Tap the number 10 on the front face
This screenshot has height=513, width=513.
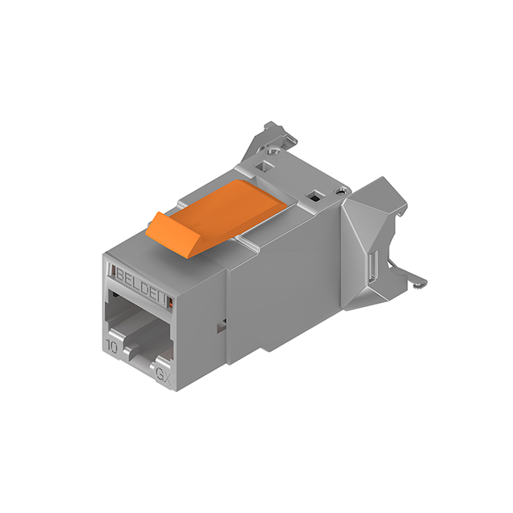click(115, 345)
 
